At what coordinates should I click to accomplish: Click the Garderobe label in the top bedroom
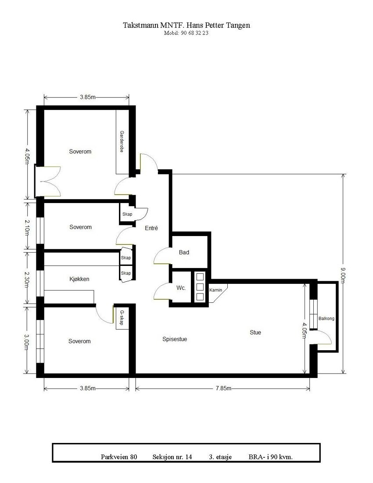coord(121,142)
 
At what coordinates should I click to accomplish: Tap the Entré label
coord(151,228)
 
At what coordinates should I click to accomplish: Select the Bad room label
coord(184,253)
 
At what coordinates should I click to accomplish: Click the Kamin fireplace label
coord(215,290)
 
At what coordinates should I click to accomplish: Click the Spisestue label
coord(175,339)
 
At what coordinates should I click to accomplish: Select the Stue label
coord(255,332)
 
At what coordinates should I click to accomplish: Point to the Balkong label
coord(326,319)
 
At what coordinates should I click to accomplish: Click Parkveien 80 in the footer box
coord(119,457)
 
